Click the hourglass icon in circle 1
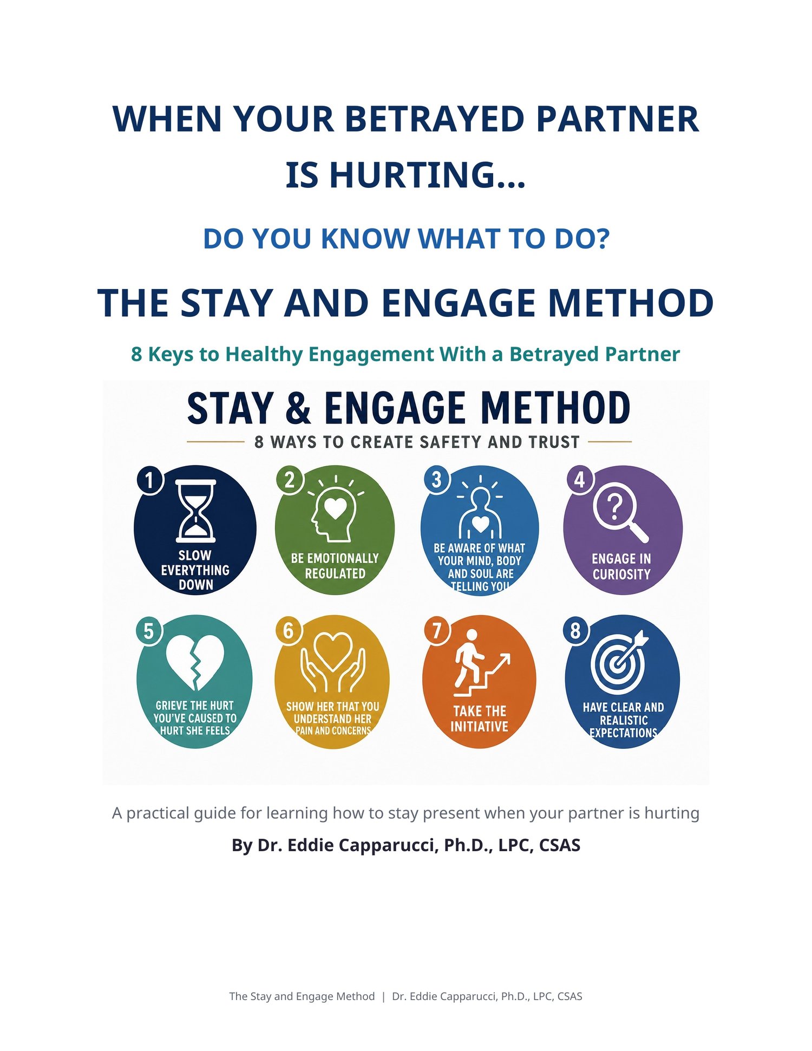click(196, 511)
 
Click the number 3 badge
click(436, 479)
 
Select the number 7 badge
click(437, 630)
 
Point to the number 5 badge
click(149, 631)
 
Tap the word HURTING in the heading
click(412, 175)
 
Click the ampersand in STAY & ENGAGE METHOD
click(298, 409)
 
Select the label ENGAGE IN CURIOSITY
click(621, 566)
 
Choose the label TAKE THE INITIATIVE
click(480, 719)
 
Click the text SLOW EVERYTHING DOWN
click(195, 570)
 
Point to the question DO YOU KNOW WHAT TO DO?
click(407, 239)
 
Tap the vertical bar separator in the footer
click(383, 996)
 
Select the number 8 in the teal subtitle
click(136, 355)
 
